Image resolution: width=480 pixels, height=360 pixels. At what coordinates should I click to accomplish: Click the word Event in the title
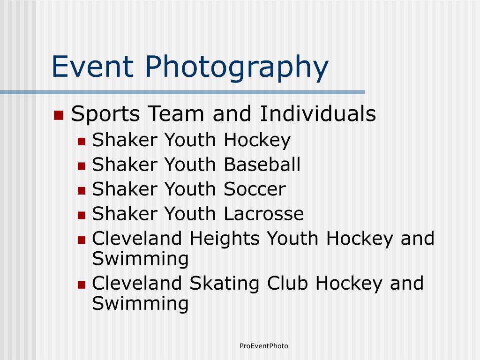click(93, 66)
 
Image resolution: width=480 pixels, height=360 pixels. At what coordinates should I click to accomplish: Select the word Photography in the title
click(237, 68)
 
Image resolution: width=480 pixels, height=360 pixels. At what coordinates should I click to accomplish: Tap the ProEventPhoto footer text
click(264, 346)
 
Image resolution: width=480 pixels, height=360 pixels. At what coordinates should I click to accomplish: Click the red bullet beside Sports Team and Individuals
click(59, 115)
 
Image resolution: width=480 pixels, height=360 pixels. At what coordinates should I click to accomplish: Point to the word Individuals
click(318, 113)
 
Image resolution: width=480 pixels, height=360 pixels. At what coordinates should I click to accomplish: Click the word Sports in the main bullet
click(105, 114)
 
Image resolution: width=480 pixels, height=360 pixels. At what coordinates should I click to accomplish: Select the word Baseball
click(262, 165)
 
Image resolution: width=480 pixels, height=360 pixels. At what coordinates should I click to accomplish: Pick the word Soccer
click(255, 189)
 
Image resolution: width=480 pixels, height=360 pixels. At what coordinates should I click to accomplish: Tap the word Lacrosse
click(264, 214)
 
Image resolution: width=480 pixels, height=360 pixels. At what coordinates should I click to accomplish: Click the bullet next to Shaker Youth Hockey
click(82, 142)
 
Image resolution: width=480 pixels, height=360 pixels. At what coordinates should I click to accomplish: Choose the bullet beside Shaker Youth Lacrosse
click(82, 215)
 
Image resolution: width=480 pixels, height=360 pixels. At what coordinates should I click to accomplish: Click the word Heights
click(225, 239)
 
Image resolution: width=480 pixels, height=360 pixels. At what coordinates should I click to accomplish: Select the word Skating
click(225, 284)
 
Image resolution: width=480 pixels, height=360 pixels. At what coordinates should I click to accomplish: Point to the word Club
click(287, 283)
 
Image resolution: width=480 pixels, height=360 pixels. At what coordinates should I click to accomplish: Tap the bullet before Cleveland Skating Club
click(82, 285)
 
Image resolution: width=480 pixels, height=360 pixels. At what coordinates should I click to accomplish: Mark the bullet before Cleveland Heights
click(82, 240)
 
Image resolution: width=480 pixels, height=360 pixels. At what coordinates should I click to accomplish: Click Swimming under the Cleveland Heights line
click(140, 259)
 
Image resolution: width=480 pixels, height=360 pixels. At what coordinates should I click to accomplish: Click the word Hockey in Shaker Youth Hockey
click(257, 141)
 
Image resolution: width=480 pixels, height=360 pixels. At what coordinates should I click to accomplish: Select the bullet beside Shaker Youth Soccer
click(82, 191)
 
